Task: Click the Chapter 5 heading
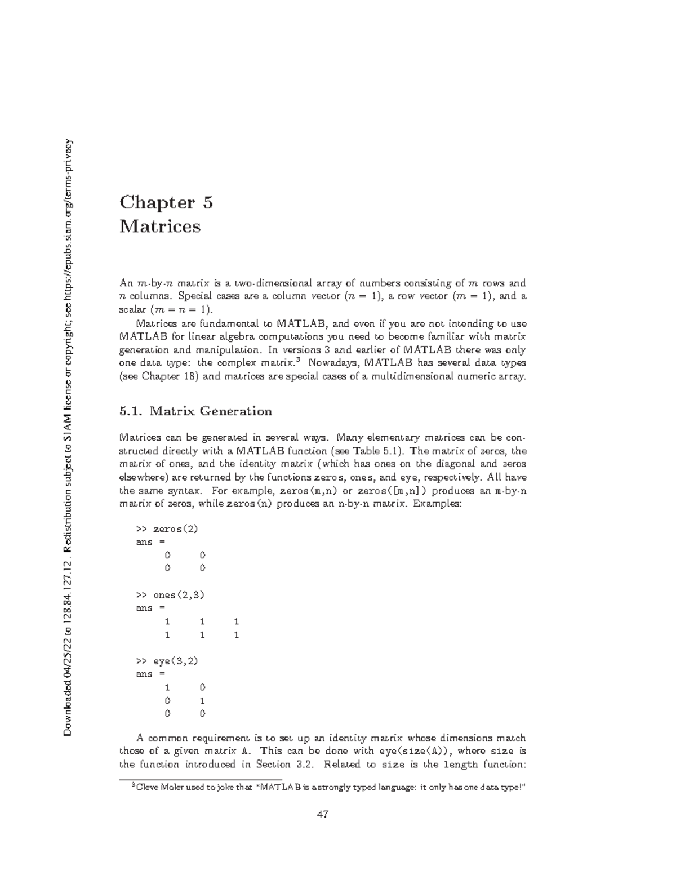166,202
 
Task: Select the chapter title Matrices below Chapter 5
160,226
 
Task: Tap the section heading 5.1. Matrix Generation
195,411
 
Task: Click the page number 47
323,814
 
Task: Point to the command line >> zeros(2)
167,529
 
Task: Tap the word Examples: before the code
438,504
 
